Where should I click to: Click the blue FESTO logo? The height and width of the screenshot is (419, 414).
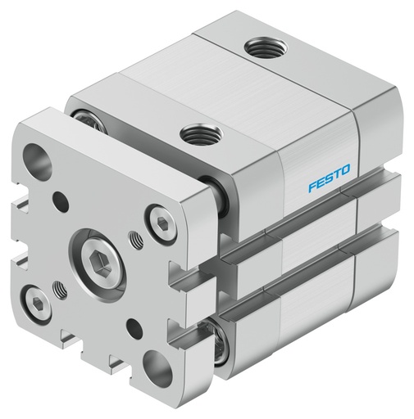tap(329, 178)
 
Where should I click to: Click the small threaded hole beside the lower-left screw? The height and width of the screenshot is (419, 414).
tap(60, 288)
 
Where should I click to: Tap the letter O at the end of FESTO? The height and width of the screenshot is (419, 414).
tap(345, 171)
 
